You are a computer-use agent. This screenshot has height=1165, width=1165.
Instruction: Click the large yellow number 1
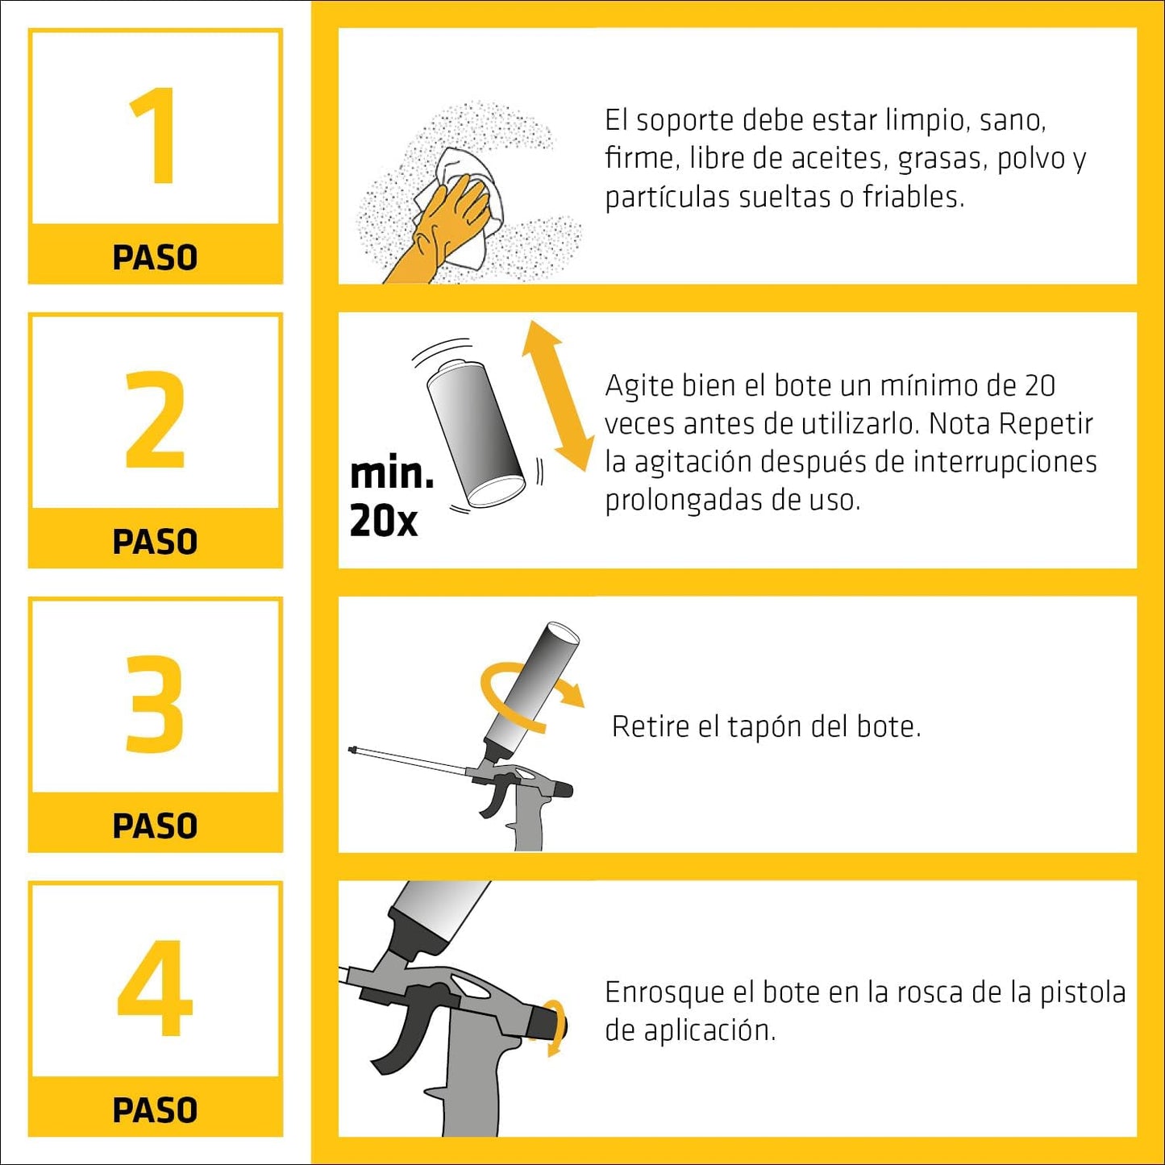[x=156, y=135]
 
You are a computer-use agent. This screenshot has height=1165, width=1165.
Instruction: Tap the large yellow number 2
[x=155, y=419]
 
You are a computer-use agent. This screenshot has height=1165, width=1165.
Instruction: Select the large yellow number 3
[x=155, y=704]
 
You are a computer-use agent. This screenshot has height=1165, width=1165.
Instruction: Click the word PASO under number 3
[x=155, y=826]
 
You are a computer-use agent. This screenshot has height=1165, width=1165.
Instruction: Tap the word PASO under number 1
[x=155, y=258]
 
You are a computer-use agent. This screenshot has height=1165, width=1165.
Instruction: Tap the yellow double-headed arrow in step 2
[x=556, y=395]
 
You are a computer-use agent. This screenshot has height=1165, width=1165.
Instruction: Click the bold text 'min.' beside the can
[x=392, y=474]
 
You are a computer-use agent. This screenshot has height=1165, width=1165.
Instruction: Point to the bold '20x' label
[x=384, y=521]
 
